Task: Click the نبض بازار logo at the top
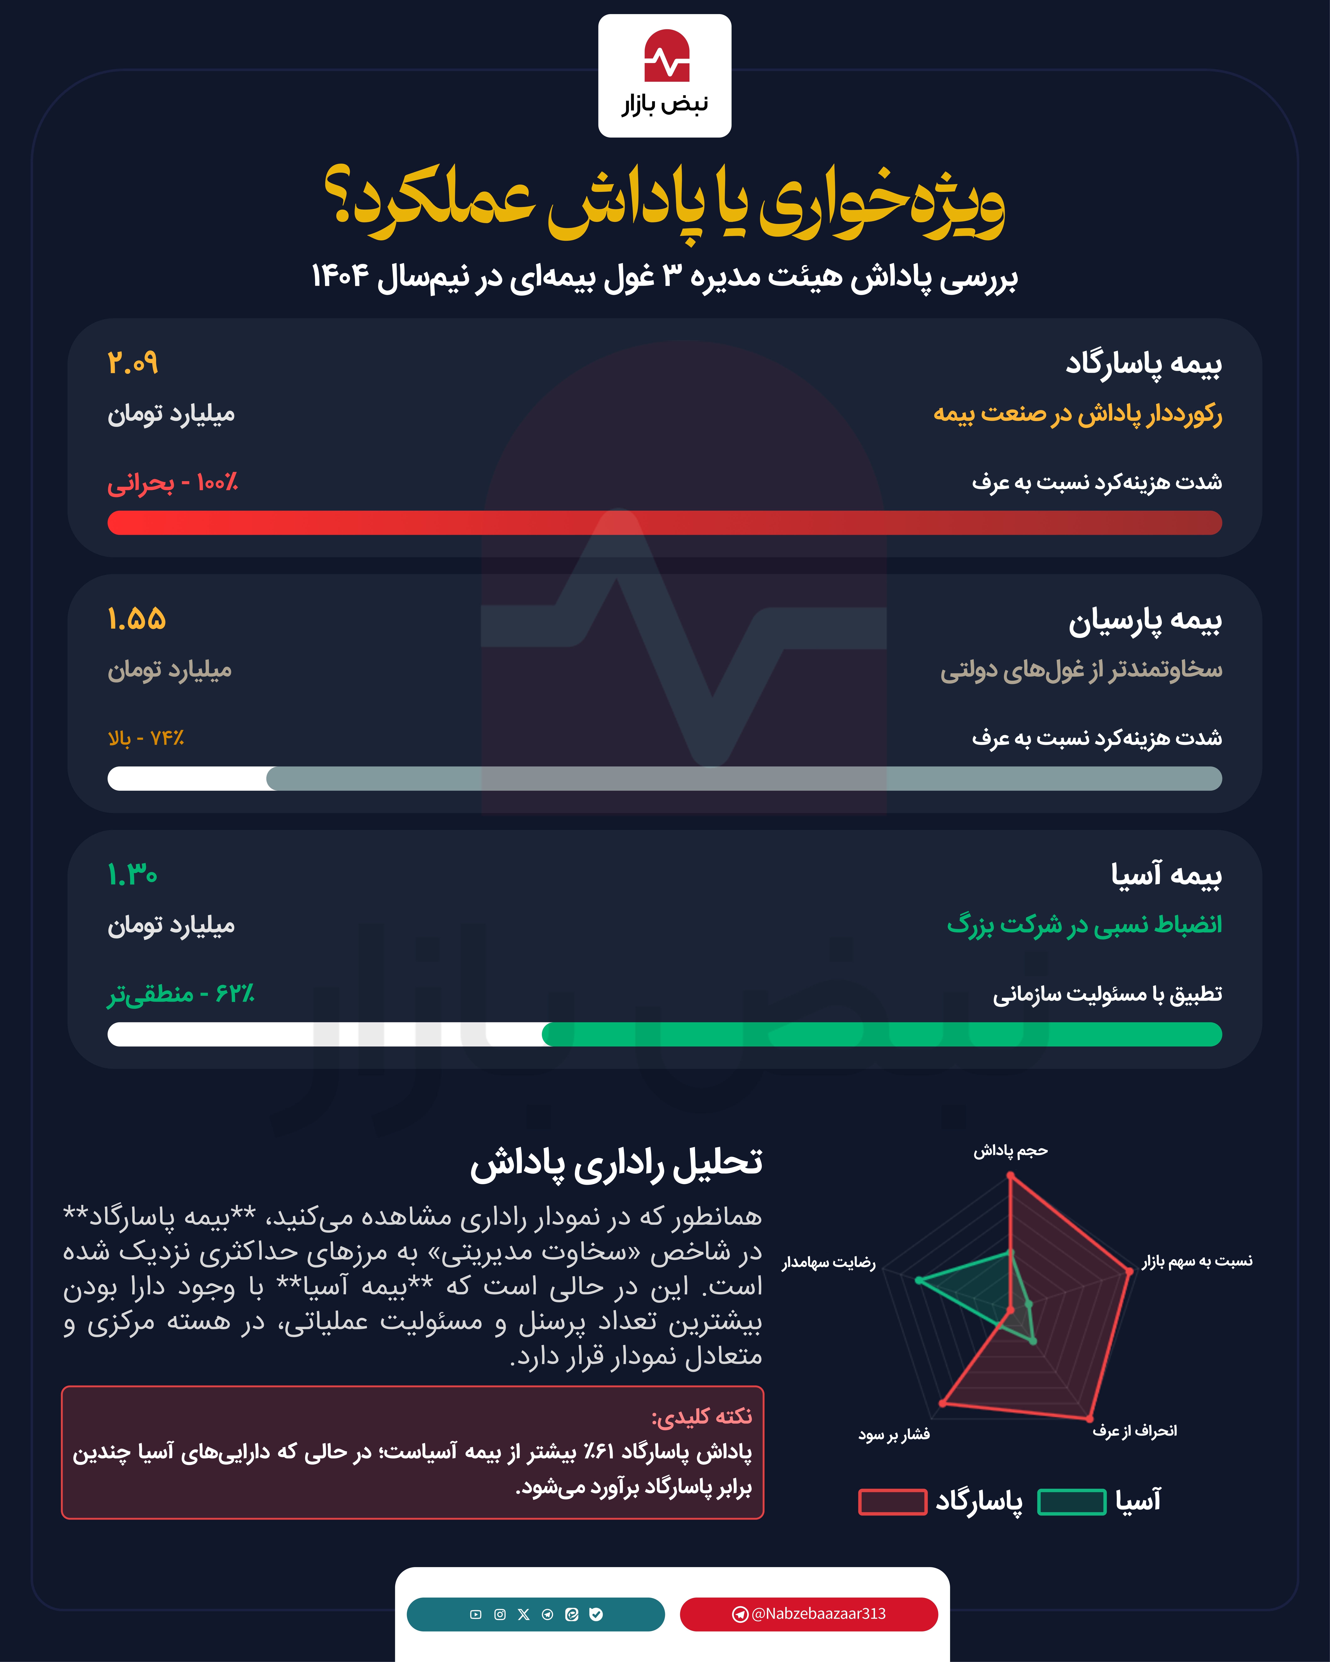tap(665, 76)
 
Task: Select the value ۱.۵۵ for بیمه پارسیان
tap(136, 619)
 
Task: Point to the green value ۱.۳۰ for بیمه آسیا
tap(133, 875)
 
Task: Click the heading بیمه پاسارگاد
tap(1143, 363)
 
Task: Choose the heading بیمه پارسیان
tap(1145, 621)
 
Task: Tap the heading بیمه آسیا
tap(1166, 875)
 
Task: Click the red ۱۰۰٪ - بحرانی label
tap(173, 483)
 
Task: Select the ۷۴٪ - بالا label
tap(146, 738)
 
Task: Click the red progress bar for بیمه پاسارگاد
tap(665, 523)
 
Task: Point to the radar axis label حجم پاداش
tap(1010, 1151)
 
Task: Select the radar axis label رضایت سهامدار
tap(829, 1263)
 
